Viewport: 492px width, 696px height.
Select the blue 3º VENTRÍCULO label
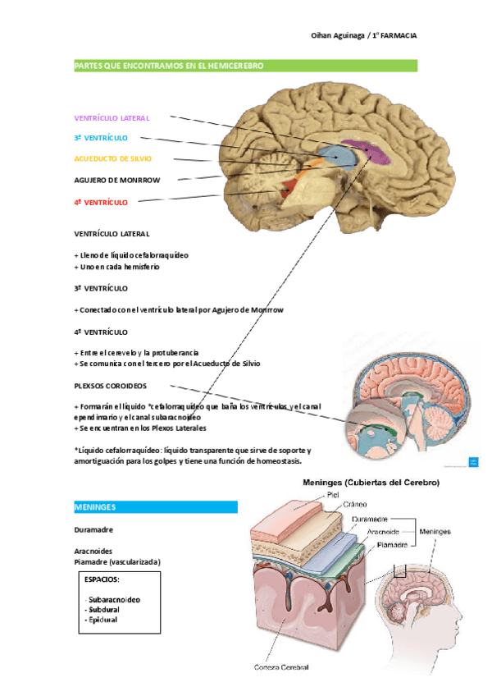click(x=101, y=138)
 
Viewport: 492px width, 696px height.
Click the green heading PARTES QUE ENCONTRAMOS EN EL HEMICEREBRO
click(x=169, y=65)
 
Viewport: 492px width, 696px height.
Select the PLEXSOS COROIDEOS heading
click(x=111, y=385)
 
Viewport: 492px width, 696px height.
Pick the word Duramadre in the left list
click(x=94, y=529)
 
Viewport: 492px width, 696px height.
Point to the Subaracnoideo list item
click(x=114, y=599)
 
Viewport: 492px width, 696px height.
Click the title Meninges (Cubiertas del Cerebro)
click(x=371, y=483)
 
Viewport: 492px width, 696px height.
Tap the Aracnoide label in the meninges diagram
click(x=383, y=532)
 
